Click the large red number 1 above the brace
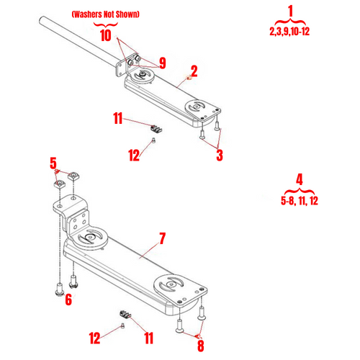[x=290, y=12]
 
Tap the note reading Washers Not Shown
[x=105, y=14]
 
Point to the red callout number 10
[x=105, y=35]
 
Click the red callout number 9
[x=162, y=63]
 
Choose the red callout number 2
[x=193, y=71]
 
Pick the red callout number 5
[x=52, y=164]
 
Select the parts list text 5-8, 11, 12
[x=299, y=201]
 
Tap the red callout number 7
[x=162, y=237]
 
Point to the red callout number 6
[x=68, y=300]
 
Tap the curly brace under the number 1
[x=290, y=22]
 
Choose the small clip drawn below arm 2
[x=157, y=127]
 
